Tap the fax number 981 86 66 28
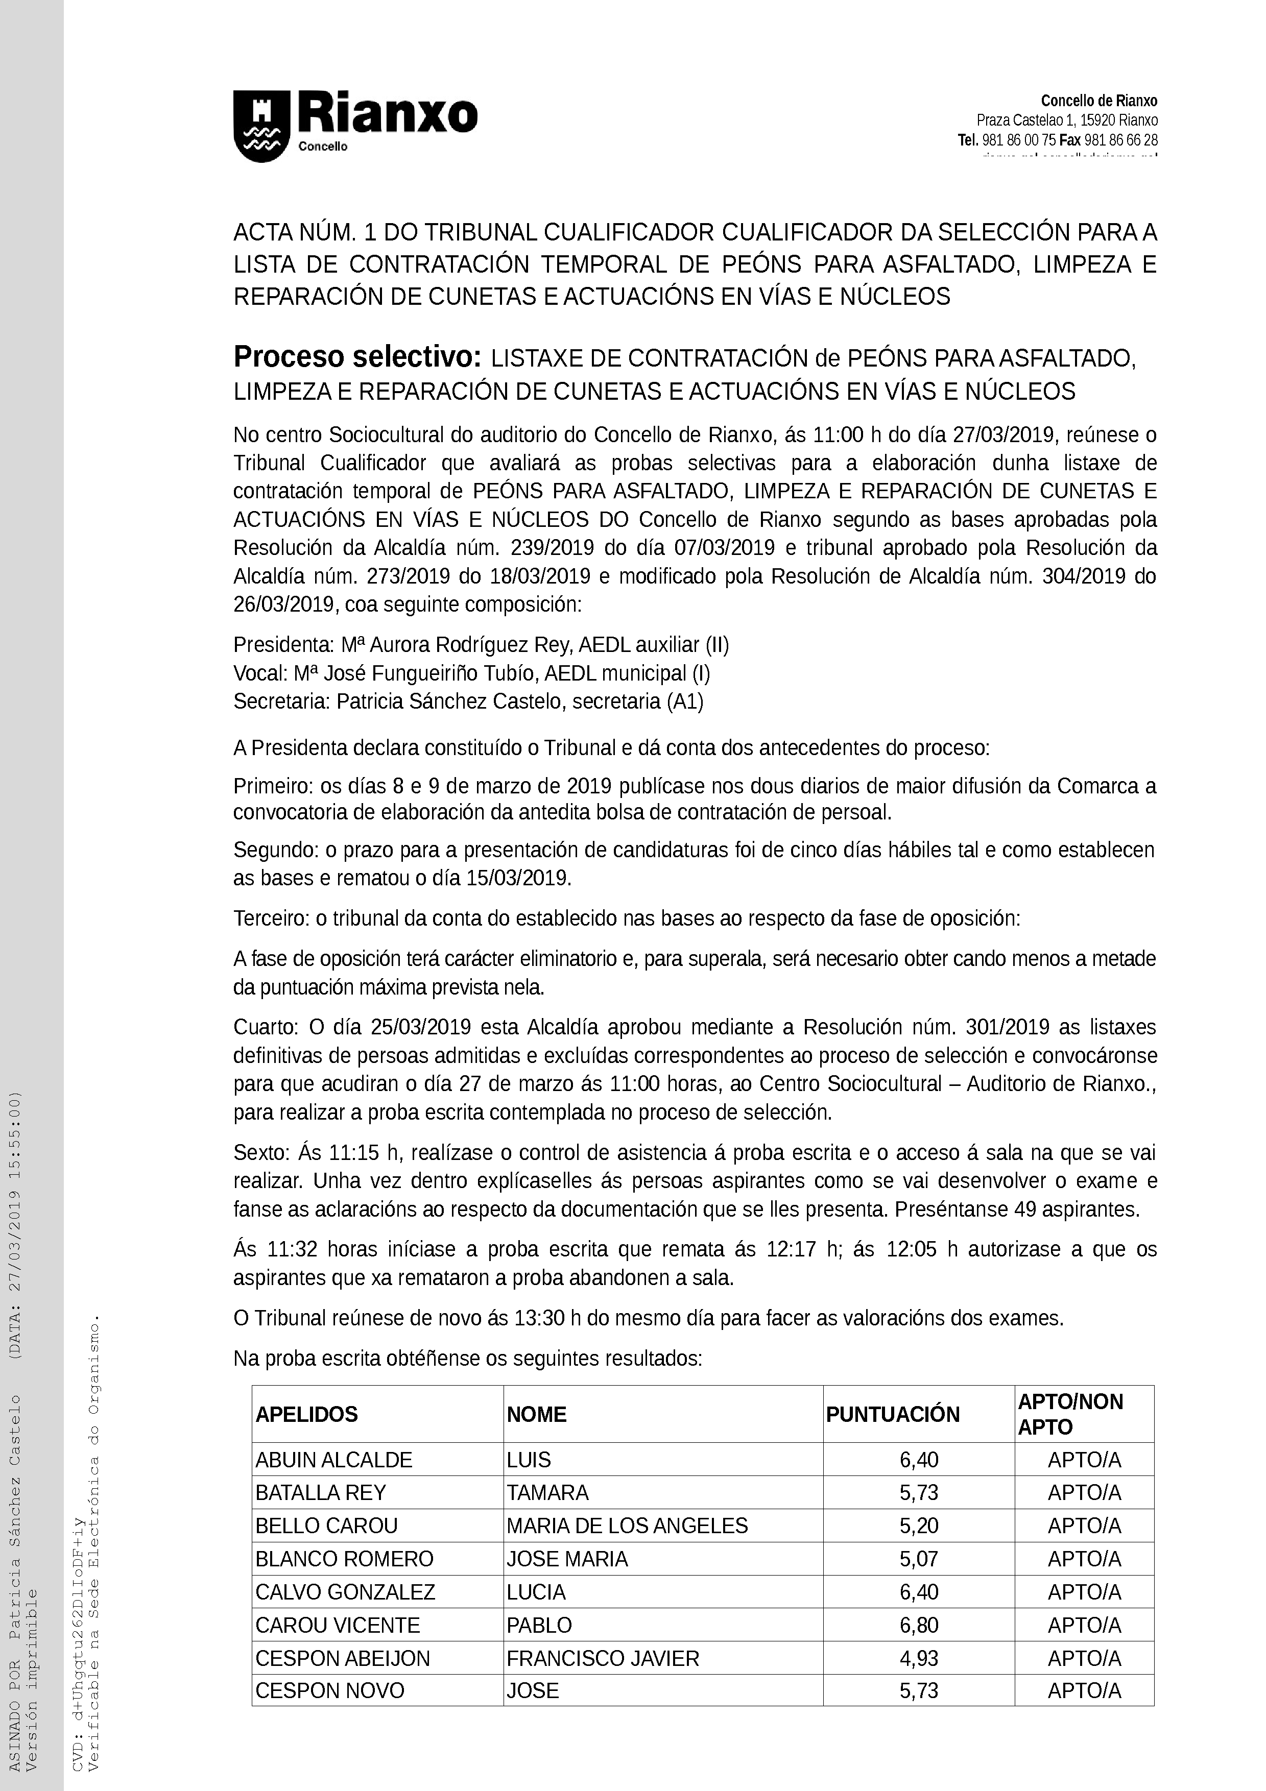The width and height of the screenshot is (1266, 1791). [x=1121, y=140]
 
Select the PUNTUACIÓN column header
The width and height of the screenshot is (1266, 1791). [x=892, y=1414]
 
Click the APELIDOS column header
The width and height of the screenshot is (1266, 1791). [x=306, y=1414]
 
